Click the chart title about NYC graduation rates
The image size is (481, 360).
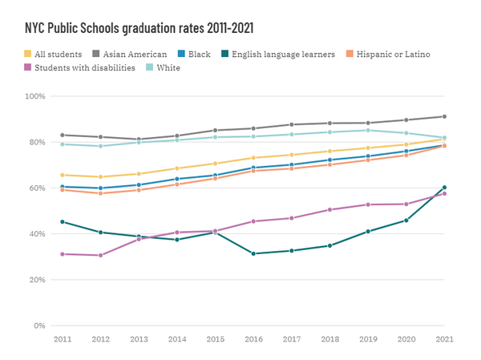(139, 27)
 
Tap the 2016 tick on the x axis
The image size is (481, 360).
(253, 340)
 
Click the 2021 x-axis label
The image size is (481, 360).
(444, 340)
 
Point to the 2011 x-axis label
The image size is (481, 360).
(63, 340)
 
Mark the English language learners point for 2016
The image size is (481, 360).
(253, 254)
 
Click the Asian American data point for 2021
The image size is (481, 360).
(444, 116)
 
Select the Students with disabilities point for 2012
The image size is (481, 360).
(100, 256)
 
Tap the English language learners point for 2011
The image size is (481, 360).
(63, 222)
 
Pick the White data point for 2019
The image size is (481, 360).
(368, 130)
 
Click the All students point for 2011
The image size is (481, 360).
(63, 175)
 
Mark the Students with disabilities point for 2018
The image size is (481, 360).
(329, 210)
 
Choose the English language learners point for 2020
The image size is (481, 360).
(406, 220)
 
